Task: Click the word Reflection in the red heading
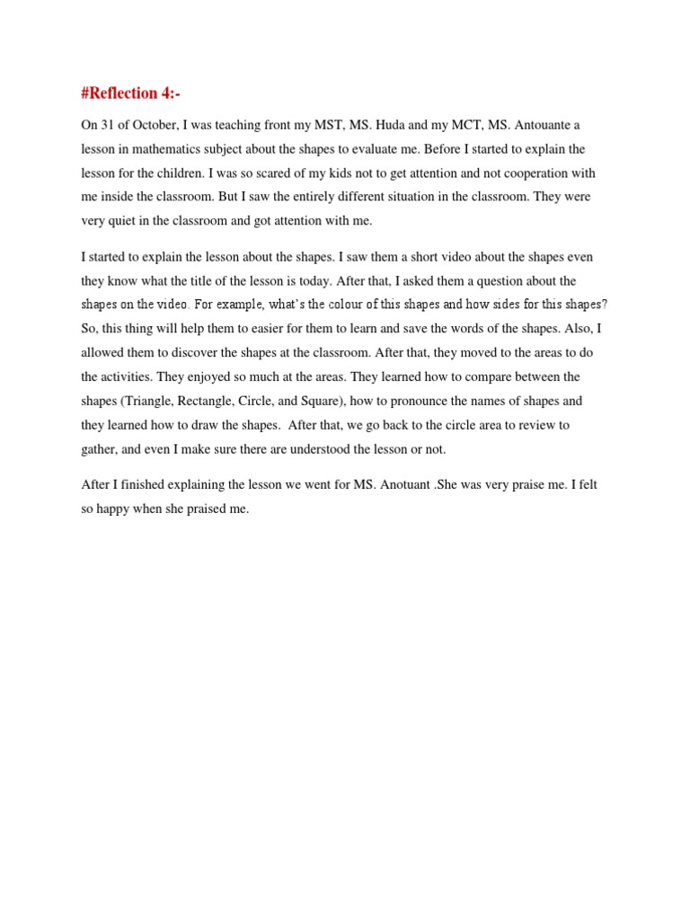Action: tap(129, 93)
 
